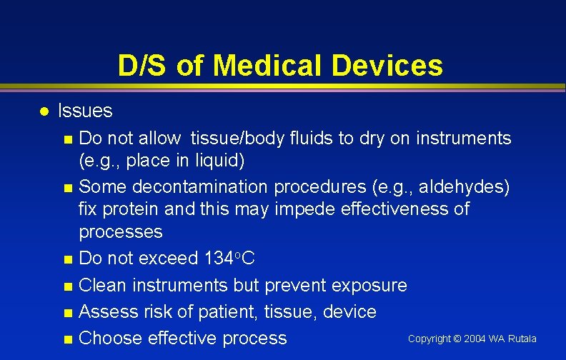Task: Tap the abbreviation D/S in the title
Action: [144, 66]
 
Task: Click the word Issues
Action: [85, 111]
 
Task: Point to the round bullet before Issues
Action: [44, 111]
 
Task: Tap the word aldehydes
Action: [466, 188]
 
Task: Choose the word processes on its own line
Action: [121, 232]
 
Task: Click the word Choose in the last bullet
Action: [108, 338]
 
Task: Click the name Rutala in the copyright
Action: [522, 339]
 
